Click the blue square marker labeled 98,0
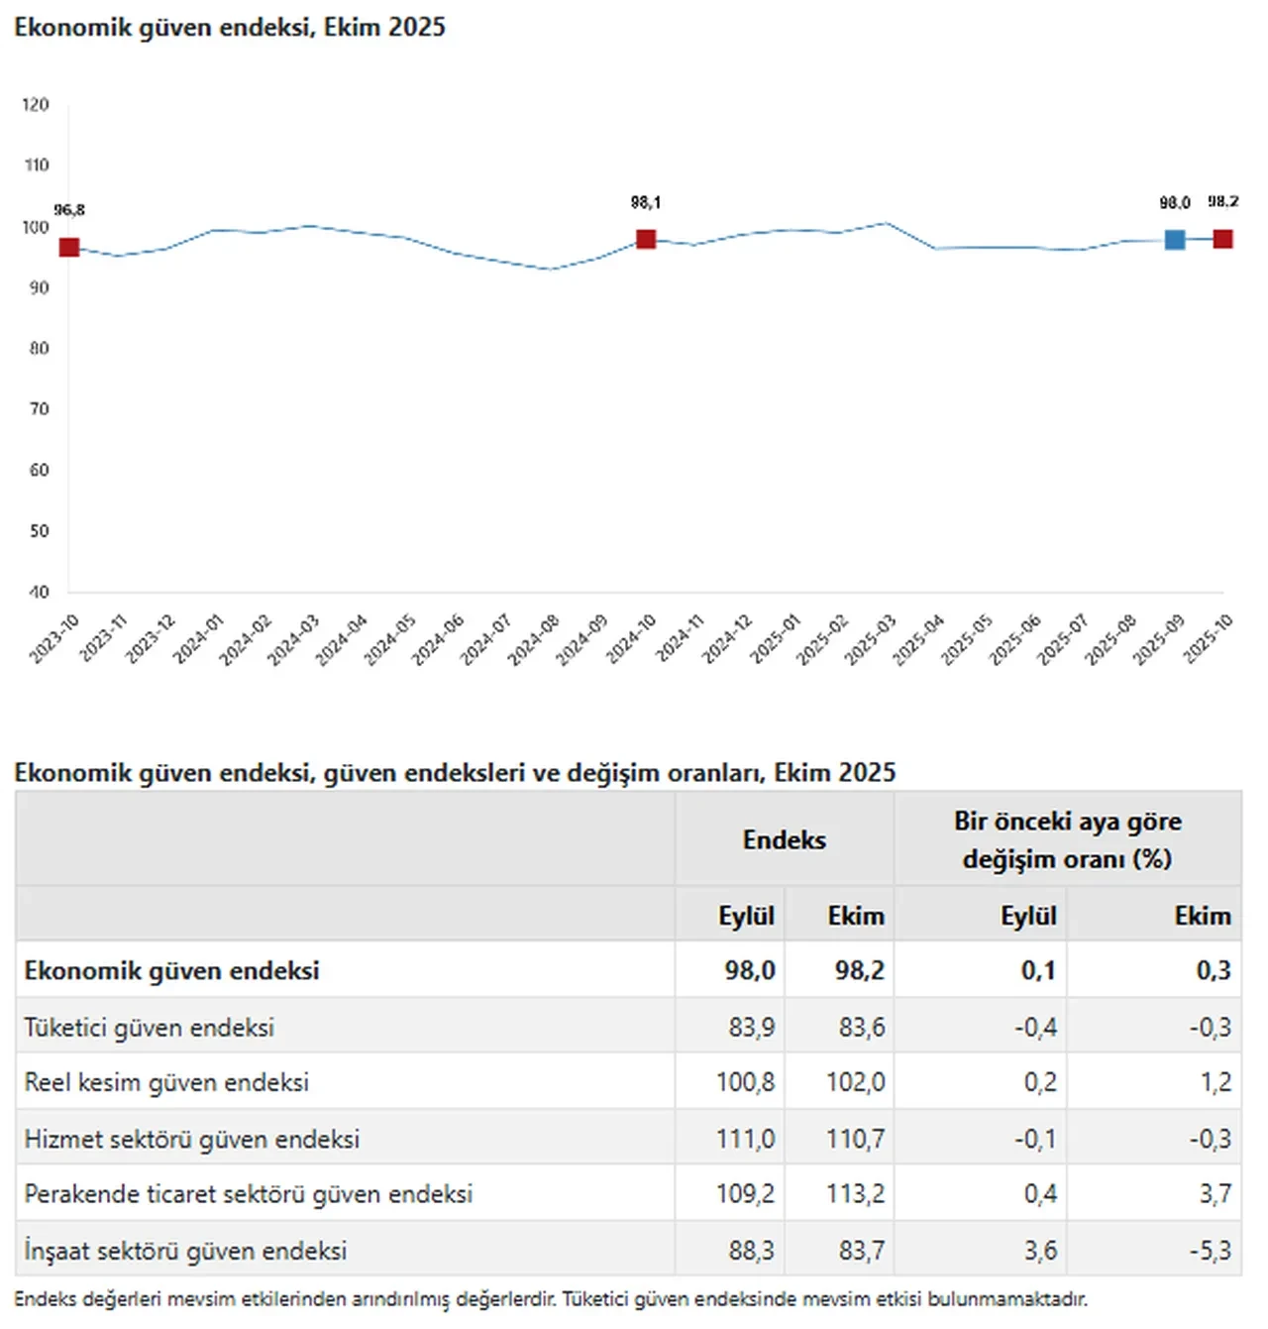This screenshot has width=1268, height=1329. coord(1174,239)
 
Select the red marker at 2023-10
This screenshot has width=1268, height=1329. coord(69,247)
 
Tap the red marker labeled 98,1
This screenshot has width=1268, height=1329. coord(646,239)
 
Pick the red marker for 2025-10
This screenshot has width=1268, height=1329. coord(1222,238)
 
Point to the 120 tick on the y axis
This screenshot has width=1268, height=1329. coord(36,105)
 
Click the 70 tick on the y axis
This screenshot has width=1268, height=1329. coord(39,409)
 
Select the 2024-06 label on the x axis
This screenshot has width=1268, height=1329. coord(438,639)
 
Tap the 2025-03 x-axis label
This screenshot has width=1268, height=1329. coord(871,639)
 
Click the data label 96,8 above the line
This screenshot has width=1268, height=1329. coord(69,210)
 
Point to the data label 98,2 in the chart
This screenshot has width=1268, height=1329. coord(1222,202)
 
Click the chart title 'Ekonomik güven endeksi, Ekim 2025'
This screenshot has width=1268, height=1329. coord(230,28)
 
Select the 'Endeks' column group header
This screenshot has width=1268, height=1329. coord(784,839)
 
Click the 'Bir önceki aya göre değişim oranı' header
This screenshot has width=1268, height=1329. coord(1067,839)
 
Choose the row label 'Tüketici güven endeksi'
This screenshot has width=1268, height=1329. coord(149,1027)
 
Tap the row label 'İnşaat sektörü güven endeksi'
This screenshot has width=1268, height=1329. coord(185,1251)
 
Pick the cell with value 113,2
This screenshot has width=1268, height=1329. coord(855,1194)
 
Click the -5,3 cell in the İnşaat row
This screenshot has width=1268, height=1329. coord(1210,1251)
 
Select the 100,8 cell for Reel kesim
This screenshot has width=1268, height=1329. coord(745,1082)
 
